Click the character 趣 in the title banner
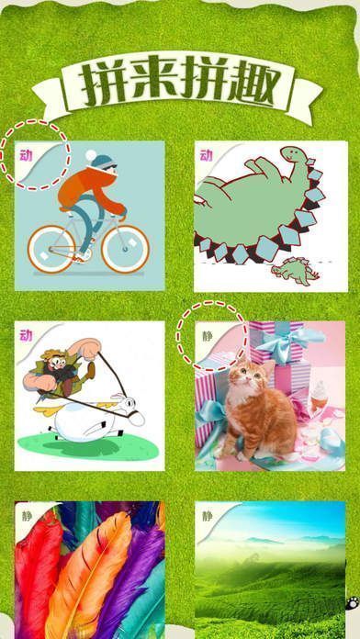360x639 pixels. (253, 83)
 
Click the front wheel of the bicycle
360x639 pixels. (125, 249)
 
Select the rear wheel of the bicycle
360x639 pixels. (51, 249)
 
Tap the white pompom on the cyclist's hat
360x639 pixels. (91, 155)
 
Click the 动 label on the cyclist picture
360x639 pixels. (26, 156)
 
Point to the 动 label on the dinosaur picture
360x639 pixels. (207, 155)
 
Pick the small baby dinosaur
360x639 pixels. (295, 270)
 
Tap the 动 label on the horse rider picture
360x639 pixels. (26, 336)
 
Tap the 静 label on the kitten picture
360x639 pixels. (208, 336)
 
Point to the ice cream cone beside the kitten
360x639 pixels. (321, 393)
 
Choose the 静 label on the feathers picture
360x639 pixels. (27, 516)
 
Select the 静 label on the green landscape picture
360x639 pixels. (208, 516)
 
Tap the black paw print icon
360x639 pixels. (353, 602)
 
